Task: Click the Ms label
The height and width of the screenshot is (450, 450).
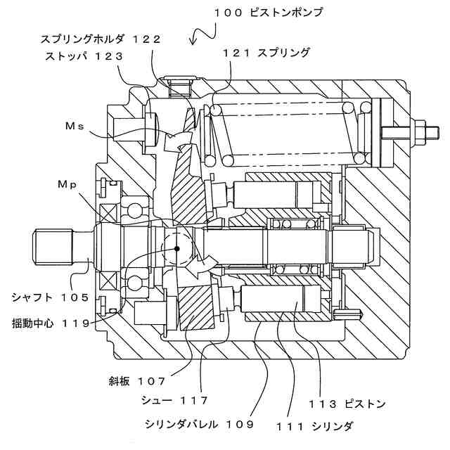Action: point(75,126)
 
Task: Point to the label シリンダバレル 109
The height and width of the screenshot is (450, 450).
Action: point(198,425)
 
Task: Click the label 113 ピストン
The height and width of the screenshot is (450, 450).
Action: point(347,404)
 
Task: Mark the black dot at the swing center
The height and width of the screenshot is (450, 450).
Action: point(178,248)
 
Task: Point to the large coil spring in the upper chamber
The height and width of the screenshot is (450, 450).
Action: point(288,131)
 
